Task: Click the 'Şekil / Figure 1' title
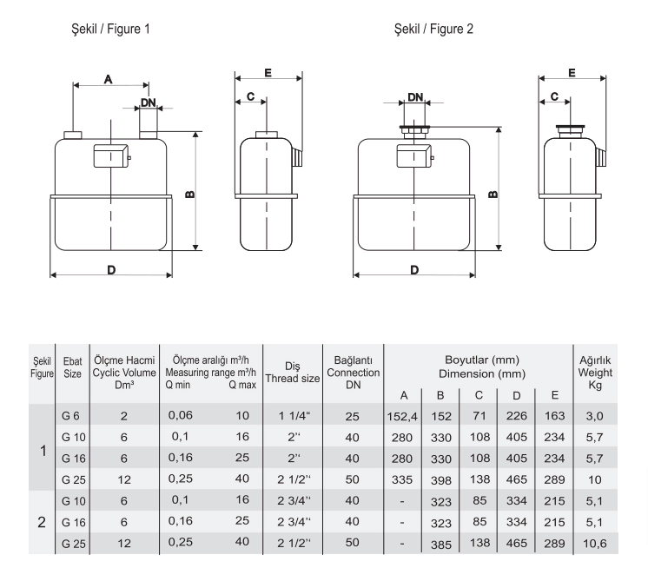111,30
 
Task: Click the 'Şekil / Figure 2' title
433,30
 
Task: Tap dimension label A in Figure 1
109,79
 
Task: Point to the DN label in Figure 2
415,97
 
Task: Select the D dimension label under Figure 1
111,270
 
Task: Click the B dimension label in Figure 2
493,194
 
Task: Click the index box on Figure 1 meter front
110,155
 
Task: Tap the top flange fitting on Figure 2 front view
415,129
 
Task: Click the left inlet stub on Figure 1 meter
73,135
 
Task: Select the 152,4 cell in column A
402,416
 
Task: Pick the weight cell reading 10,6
595,543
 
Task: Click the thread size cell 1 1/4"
294,416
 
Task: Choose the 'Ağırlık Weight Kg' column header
595,373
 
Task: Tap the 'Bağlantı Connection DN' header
353,373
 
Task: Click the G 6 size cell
70,416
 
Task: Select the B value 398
441,480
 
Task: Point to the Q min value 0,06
180,415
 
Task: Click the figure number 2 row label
42,522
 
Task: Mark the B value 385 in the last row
441,545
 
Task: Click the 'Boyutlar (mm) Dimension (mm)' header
482,367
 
